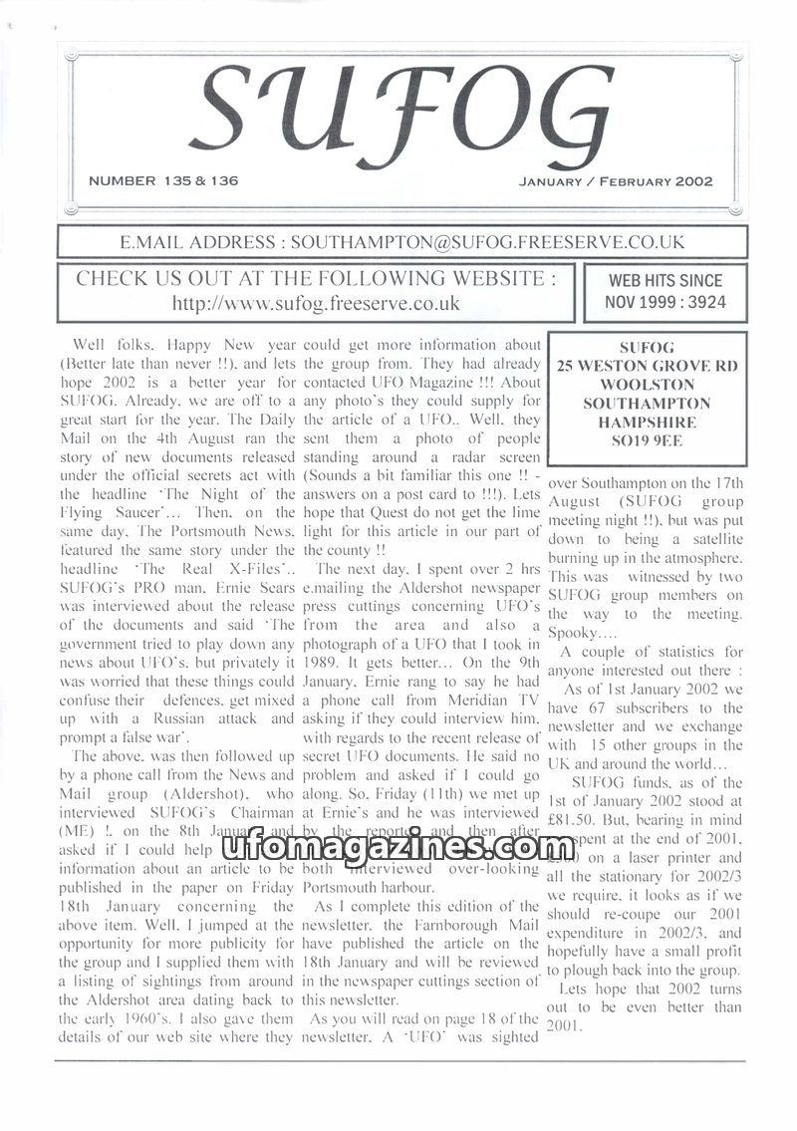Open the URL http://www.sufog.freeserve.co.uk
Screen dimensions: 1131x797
[316, 303]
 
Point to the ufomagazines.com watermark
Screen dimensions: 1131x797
[398, 848]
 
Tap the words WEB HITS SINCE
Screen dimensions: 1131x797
[665, 281]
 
